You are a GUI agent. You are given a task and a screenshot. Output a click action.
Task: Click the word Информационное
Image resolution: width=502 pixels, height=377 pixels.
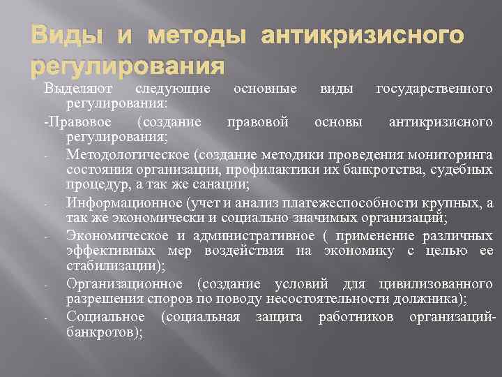(x=124, y=202)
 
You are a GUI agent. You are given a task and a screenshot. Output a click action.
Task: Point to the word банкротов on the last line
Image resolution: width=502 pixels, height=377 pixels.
(x=103, y=332)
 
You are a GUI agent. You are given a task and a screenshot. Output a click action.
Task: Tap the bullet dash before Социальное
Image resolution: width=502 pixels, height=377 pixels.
(x=45, y=317)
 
